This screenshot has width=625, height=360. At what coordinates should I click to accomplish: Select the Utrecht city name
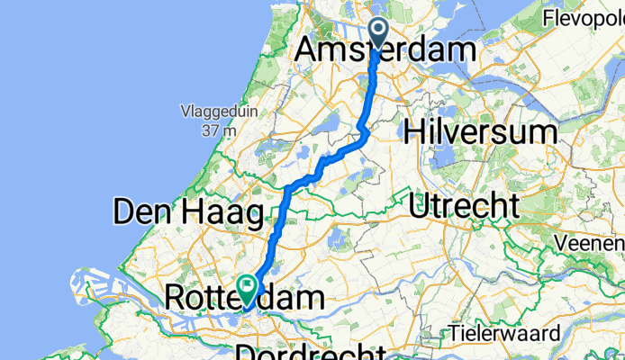click(x=463, y=205)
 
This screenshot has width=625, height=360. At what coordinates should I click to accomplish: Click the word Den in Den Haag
click(x=140, y=213)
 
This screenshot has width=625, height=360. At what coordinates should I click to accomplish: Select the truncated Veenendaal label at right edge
click(x=590, y=243)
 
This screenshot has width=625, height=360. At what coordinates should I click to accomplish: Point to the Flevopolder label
click(x=584, y=19)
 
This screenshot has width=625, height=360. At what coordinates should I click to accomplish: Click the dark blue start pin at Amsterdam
click(x=376, y=33)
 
